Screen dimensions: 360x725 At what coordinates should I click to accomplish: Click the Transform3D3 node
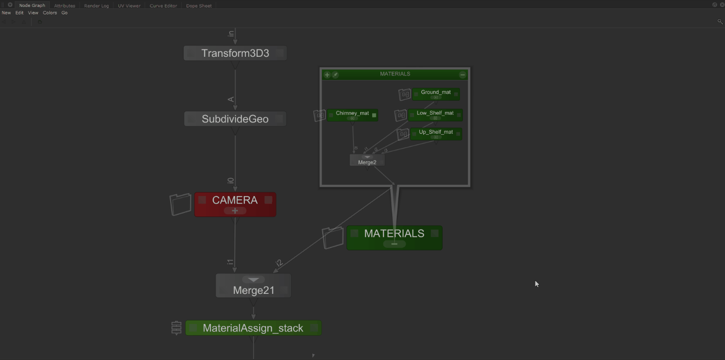pos(235,53)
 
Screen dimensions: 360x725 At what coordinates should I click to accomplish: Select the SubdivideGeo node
pos(235,119)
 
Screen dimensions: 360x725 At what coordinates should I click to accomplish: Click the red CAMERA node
pos(235,200)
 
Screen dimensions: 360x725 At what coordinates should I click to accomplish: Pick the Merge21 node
pos(254,290)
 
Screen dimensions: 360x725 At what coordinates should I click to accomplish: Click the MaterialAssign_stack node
pos(253,328)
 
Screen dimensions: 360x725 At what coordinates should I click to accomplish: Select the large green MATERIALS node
pos(394,234)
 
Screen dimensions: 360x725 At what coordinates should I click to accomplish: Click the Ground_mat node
pos(436,92)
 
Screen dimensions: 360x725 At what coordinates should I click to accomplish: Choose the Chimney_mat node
pos(352,114)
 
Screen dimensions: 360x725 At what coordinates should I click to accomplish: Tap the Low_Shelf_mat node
pos(435,113)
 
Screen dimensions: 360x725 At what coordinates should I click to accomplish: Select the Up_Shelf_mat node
pos(436,132)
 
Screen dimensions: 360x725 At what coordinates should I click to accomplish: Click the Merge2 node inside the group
pos(367,162)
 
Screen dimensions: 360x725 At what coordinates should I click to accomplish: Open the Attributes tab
pos(65,6)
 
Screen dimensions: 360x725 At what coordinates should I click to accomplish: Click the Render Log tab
pos(96,6)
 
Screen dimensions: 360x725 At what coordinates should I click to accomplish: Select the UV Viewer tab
pos(129,6)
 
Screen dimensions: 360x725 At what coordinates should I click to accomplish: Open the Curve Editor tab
pos(163,6)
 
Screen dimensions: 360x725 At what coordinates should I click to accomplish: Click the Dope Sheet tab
pos(199,6)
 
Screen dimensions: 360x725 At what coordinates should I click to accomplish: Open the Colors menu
pos(50,13)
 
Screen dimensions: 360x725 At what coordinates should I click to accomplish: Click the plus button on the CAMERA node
pos(235,211)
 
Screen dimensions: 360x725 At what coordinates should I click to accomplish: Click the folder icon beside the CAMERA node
pos(180,204)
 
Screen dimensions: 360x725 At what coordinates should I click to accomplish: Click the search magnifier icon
pos(720,22)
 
